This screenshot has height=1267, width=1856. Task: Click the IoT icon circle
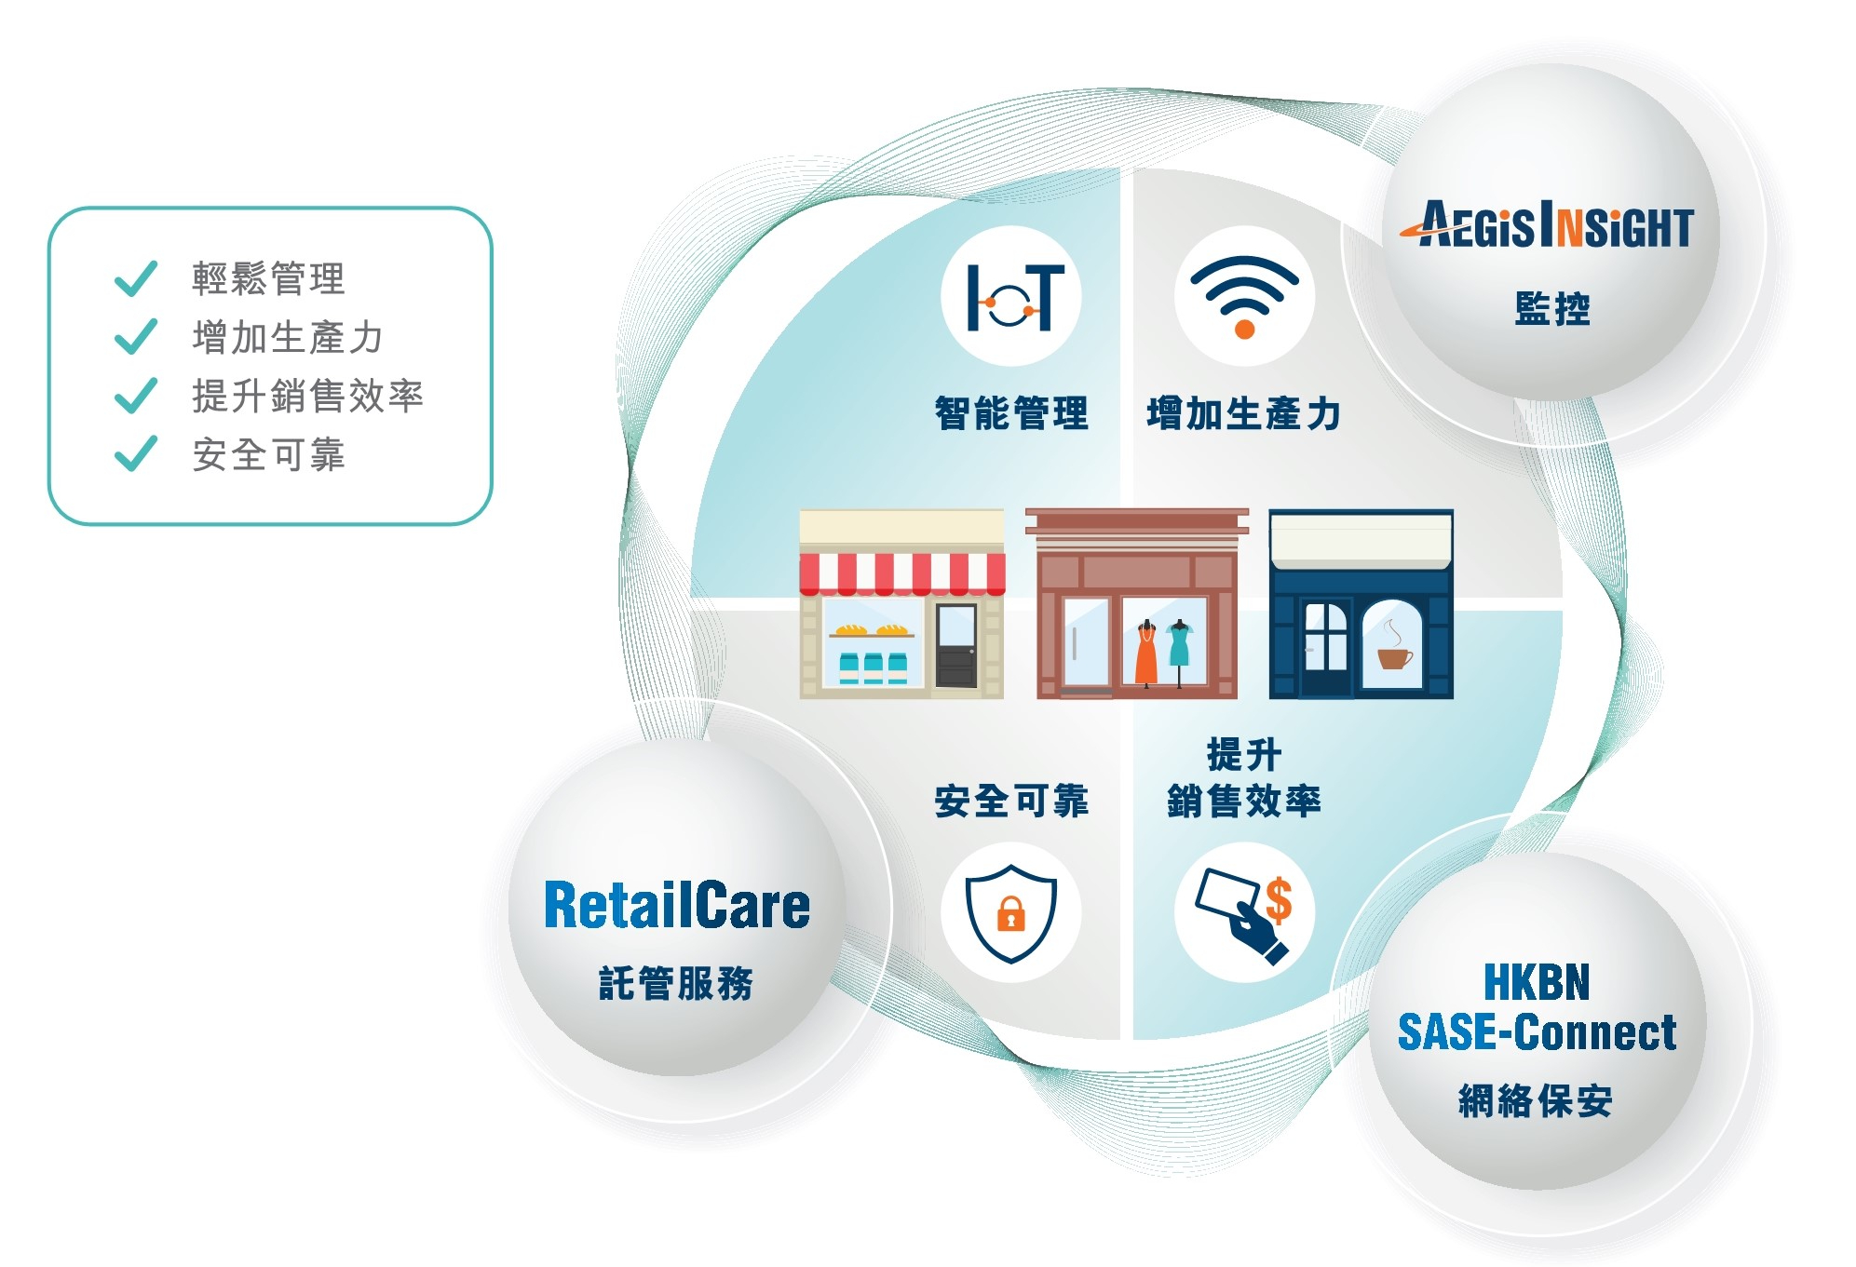tap(1010, 296)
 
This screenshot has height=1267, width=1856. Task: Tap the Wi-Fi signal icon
tap(1244, 296)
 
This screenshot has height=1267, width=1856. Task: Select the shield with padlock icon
tap(1010, 911)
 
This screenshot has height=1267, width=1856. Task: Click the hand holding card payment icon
tap(1244, 913)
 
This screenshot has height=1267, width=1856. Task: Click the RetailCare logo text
tap(676, 906)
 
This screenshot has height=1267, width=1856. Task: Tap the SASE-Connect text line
tap(1537, 1032)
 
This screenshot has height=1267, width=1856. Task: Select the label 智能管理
tap(1011, 413)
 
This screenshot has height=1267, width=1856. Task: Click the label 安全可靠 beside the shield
tap(1011, 801)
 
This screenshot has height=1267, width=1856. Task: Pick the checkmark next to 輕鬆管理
tap(136, 278)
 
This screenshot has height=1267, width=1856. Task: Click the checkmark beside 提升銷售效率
tap(136, 396)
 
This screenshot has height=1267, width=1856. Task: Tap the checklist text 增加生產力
tap(287, 337)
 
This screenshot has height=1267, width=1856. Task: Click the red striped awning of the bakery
tap(901, 573)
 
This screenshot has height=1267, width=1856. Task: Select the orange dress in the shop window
tap(1146, 655)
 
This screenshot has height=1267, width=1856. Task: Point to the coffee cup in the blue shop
tap(1394, 656)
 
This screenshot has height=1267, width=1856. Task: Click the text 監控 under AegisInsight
tap(1551, 309)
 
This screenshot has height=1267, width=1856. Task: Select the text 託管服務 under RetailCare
tap(676, 983)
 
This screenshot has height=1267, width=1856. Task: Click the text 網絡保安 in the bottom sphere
tap(1536, 1101)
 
